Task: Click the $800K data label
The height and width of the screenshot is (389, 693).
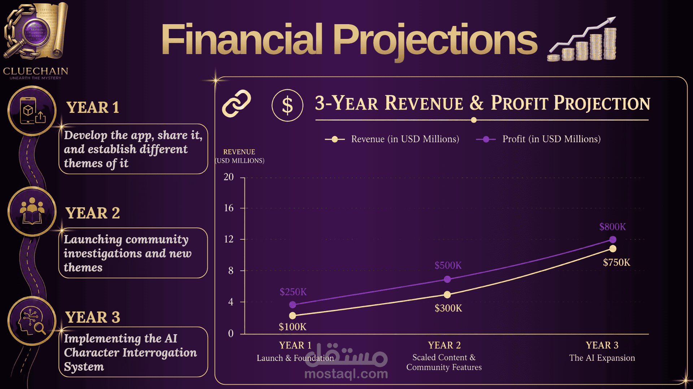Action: coord(612,227)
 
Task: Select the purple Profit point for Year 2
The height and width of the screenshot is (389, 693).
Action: coord(447,279)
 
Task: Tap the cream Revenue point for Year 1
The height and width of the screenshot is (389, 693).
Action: coord(293,316)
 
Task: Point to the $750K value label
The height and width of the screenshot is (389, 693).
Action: coord(616,262)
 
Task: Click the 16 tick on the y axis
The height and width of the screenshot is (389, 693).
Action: coord(229,208)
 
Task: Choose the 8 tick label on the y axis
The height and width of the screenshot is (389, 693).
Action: coord(231,271)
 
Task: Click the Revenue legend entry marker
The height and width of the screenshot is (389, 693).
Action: coord(335,139)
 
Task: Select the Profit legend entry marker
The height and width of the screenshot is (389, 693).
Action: coord(486,139)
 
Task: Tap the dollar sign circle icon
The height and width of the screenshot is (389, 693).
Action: coord(287,105)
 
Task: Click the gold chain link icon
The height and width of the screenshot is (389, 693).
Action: coord(236,103)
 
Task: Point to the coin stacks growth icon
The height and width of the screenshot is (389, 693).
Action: coord(582,39)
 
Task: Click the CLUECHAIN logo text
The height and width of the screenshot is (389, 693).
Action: coord(35,71)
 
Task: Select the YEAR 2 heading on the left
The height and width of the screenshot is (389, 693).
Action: coord(92,213)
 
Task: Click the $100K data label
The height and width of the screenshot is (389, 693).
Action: coord(293,327)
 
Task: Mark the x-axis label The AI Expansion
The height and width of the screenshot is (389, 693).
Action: coord(602,358)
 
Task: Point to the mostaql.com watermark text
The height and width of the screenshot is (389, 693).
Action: coord(346,374)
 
